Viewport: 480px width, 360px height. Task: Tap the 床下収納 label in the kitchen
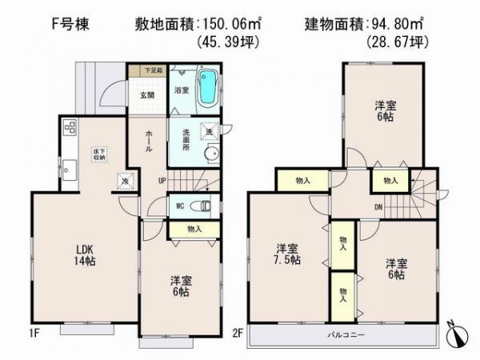click(97, 154)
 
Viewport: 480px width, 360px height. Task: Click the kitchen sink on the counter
click(68, 170)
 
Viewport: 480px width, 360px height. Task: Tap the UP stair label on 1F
click(162, 181)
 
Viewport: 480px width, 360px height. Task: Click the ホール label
click(150, 144)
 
